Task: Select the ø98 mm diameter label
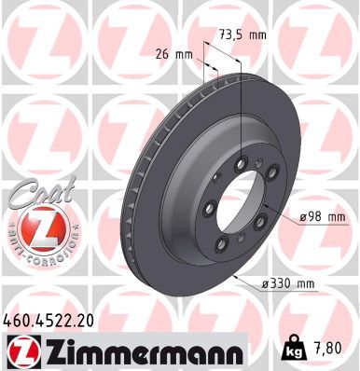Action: click(x=322, y=217)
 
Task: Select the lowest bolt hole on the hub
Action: click(x=222, y=245)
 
